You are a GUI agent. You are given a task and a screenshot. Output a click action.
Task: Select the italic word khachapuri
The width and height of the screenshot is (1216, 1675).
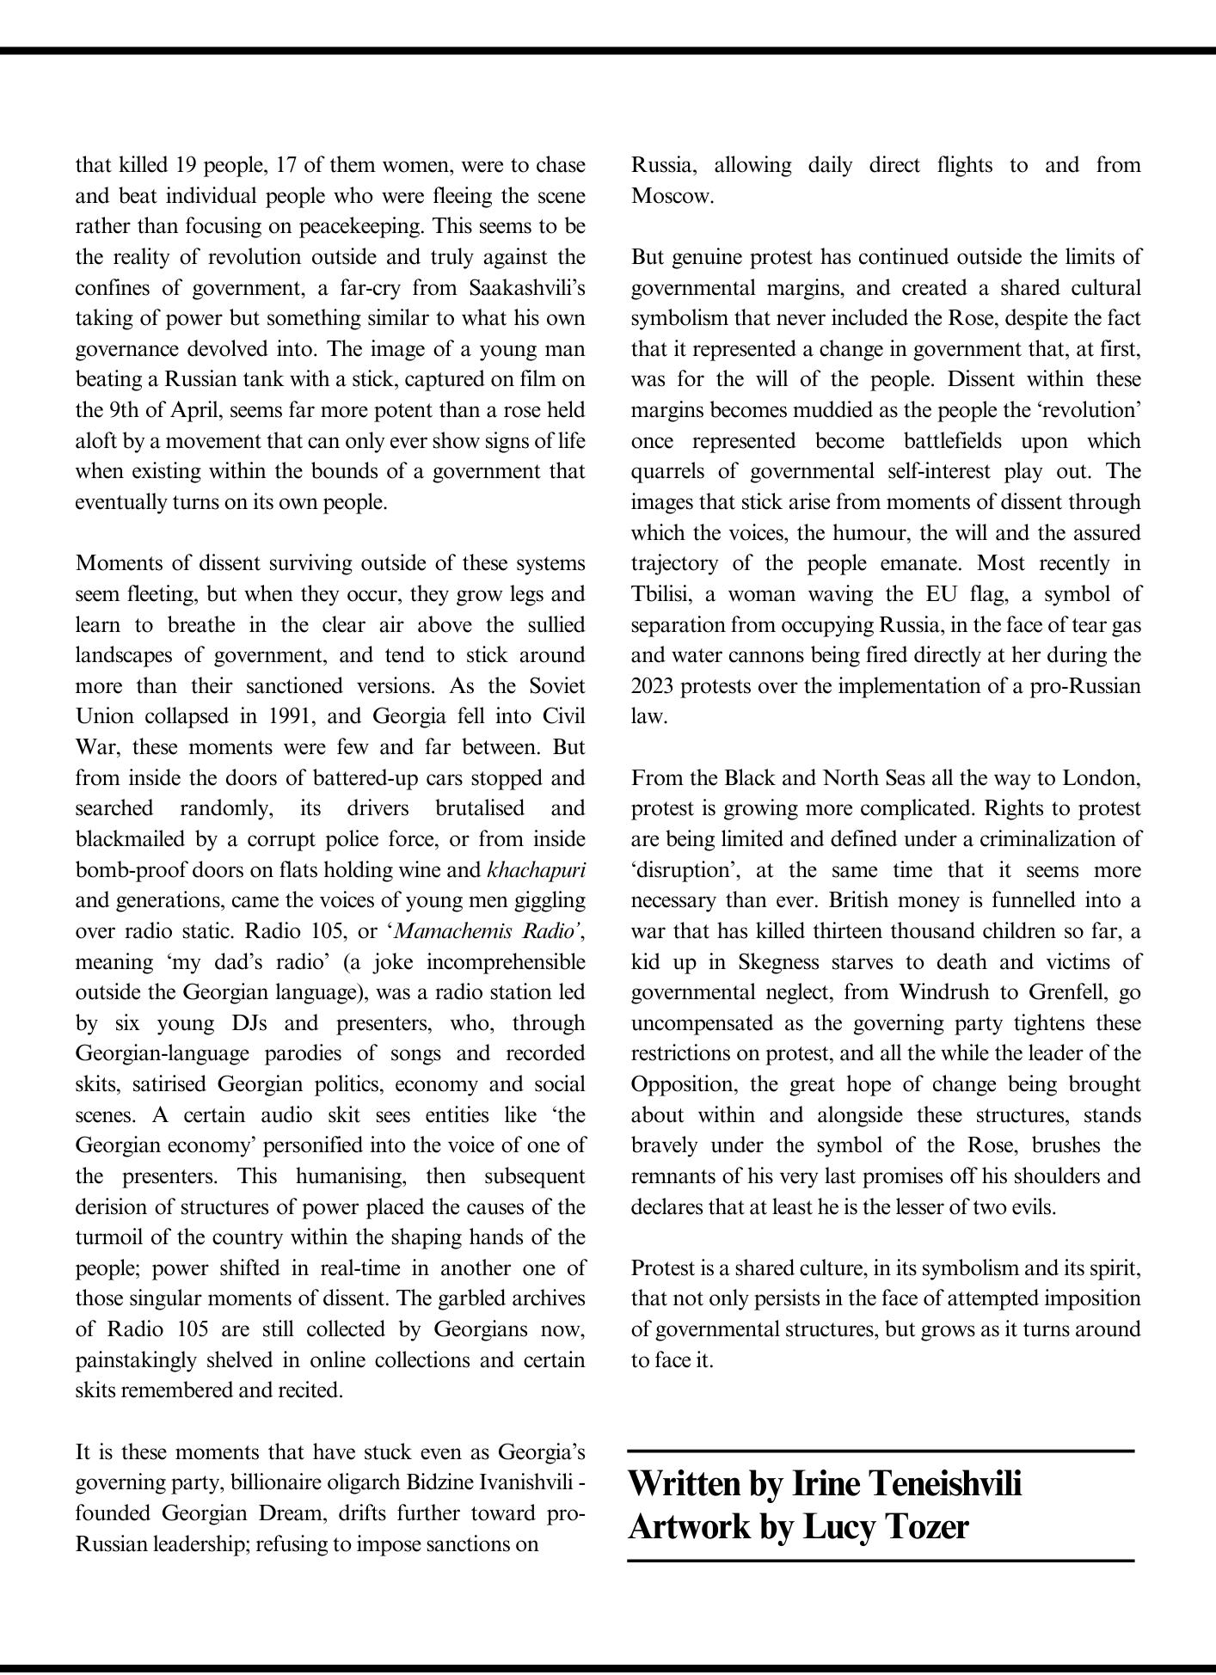point(536,869)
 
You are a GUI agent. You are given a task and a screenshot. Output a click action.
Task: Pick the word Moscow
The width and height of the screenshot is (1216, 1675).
point(672,196)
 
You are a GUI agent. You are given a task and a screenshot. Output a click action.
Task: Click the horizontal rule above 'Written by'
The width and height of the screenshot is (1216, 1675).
point(881,1451)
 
